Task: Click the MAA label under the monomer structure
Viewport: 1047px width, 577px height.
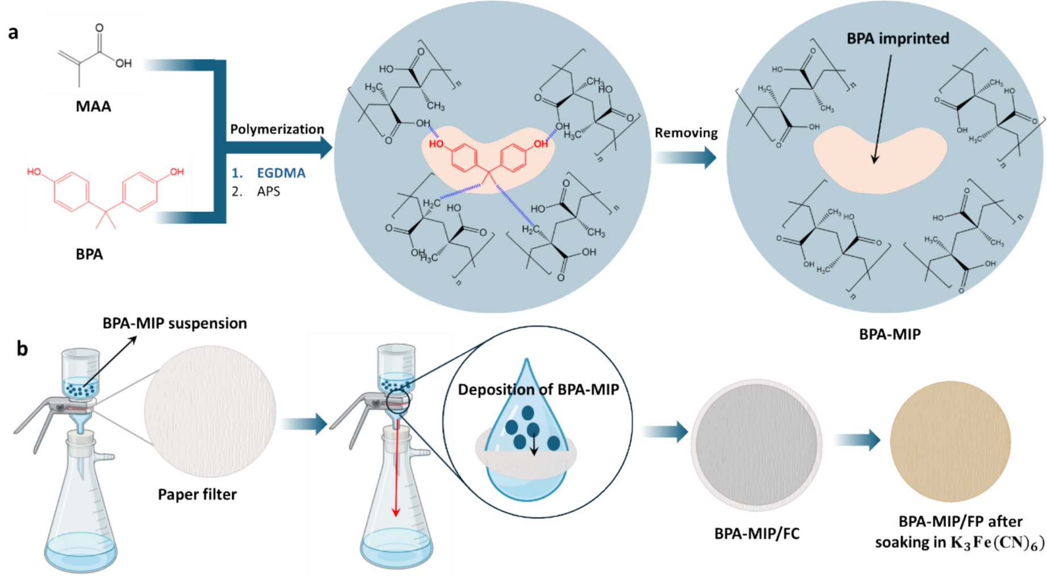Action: point(93,106)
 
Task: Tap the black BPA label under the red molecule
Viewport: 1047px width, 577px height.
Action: point(89,254)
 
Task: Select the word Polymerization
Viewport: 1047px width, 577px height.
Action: point(277,129)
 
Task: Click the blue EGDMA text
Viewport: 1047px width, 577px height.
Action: point(280,173)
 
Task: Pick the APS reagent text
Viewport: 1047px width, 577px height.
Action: point(268,191)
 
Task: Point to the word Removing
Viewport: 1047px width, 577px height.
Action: point(686,133)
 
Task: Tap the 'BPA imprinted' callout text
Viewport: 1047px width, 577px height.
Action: point(898,39)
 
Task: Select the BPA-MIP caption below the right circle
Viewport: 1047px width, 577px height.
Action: point(889,335)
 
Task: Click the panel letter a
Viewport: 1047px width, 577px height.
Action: point(13,32)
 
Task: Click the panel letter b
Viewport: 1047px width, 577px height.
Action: point(22,348)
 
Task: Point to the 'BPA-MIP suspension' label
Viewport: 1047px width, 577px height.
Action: point(174,323)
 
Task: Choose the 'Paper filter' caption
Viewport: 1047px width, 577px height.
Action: point(197,494)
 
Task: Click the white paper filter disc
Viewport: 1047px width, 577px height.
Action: point(210,411)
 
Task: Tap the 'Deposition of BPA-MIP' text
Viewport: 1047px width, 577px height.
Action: point(538,390)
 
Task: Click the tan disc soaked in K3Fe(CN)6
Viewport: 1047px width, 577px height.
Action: point(950,441)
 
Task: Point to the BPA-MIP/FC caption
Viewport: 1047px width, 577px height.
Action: point(756,534)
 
